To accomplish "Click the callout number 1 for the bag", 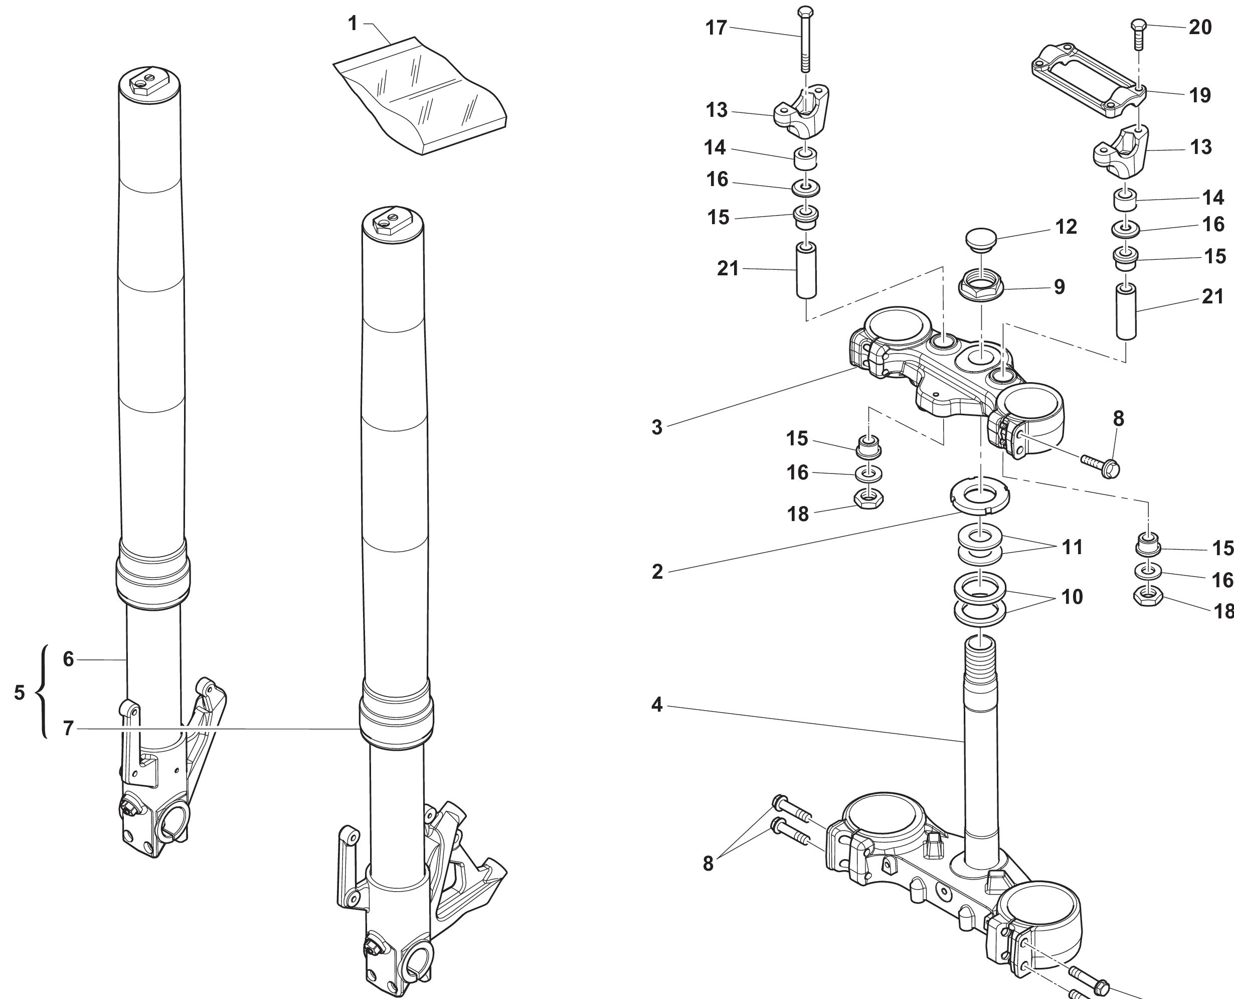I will pos(352,24).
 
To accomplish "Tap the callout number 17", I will pos(716,28).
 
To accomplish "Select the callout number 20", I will pos(1200,27).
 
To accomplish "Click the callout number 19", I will pos(1200,95).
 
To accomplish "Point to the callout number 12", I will pos(1066,227).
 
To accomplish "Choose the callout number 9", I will pos(1059,286).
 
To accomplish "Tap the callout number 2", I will pos(657,571).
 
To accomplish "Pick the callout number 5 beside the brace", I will pos(20,693).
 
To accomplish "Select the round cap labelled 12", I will pos(980,238).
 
